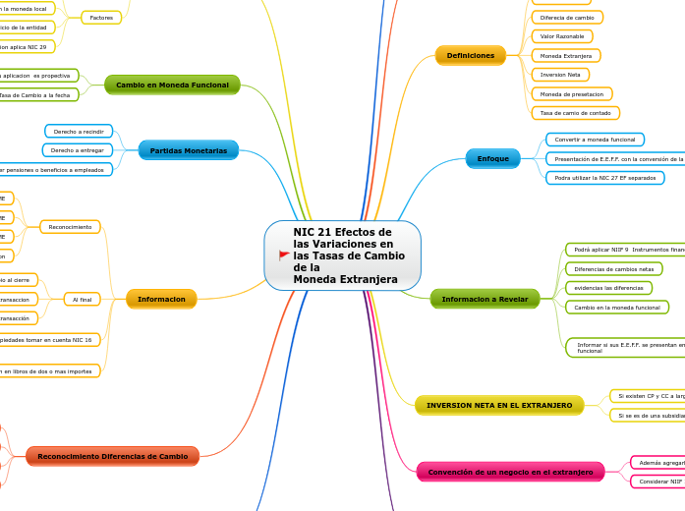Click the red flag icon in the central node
pos(284,255)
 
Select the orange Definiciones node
pos(471,56)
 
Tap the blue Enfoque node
pos(492,158)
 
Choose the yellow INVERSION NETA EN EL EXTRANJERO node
pos(499,405)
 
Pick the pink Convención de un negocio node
pos(496,473)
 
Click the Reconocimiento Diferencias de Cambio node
pos(112,456)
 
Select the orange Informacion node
pos(161,299)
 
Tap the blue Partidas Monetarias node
pos(188,150)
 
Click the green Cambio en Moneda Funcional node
pos(172,85)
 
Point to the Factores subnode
pos(101,18)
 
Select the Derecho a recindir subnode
pos(79,131)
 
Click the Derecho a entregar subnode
pos(78,150)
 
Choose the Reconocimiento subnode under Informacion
pos(70,227)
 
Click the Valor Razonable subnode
pos(562,36)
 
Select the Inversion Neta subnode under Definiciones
pos(559,75)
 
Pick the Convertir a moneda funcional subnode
pos(595,140)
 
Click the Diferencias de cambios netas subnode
pos(613,268)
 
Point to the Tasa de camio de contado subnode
pos(574,113)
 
